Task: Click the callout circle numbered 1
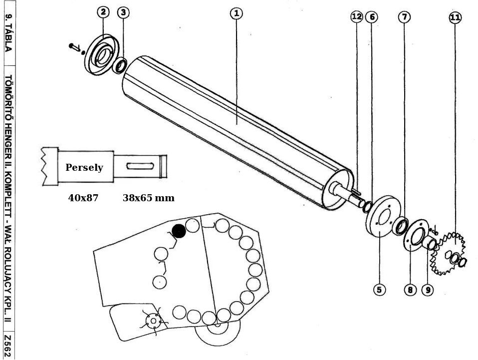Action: click(x=237, y=13)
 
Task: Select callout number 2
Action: click(x=103, y=12)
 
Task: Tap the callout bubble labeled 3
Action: click(x=124, y=12)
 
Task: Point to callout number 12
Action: click(x=356, y=17)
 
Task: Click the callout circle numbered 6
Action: click(x=372, y=17)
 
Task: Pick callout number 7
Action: click(x=404, y=17)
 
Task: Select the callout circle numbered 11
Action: click(x=455, y=17)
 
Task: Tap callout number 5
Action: click(x=380, y=290)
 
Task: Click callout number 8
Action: click(x=410, y=290)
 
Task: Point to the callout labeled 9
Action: click(x=427, y=290)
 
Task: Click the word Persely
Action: click(x=84, y=167)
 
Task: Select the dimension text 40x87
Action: click(x=83, y=198)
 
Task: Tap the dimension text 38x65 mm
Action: click(x=149, y=198)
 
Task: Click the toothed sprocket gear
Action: click(x=449, y=254)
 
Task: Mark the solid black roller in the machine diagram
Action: click(x=179, y=231)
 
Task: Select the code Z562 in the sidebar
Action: click(x=8, y=346)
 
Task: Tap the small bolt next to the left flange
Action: click(x=75, y=47)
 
